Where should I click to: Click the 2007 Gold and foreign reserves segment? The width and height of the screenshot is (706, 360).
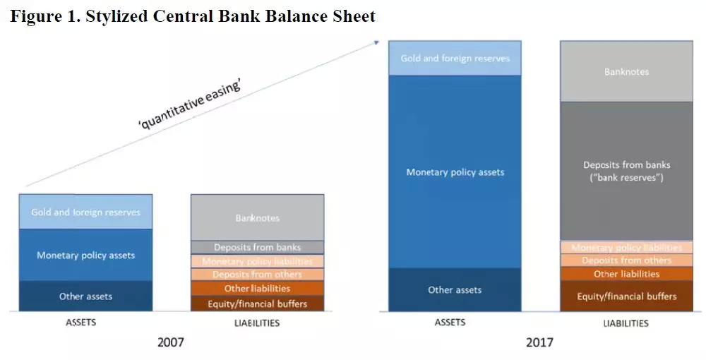pyautogui.click(x=85, y=212)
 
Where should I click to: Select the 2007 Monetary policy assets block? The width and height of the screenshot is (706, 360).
pyautogui.click(x=85, y=255)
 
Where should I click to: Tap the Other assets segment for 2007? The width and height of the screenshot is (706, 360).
pyautogui.click(x=85, y=296)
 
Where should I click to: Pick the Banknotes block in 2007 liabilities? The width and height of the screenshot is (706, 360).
pyautogui.click(x=257, y=218)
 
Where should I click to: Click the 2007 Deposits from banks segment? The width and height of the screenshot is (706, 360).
pyautogui.click(x=257, y=248)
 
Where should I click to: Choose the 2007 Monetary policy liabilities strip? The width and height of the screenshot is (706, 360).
pyautogui.click(x=257, y=261)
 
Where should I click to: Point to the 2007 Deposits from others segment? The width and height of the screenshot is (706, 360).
pyautogui.click(x=257, y=275)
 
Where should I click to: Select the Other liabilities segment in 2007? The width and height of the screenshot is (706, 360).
pyautogui.click(x=257, y=289)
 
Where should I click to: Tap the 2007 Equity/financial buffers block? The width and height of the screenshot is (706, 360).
pyautogui.click(x=257, y=304)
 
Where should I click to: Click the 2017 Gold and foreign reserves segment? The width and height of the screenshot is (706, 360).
pyautogui.click(x=455, y=58)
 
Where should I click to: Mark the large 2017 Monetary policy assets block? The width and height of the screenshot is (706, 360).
pyautogui.click(x=455, y=172)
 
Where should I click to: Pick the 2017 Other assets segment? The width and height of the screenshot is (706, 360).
pyautogui.click(x=455, y=290)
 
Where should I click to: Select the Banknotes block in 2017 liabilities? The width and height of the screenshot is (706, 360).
pyautogui.click(x=626, y=71)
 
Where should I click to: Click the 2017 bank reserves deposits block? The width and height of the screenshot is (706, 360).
pyautogui.click(x=626, y=171)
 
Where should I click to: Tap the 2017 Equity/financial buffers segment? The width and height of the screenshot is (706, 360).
pyautogui.click(x=626, y=296)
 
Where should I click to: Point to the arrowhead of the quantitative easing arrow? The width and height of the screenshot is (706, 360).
pyautogui.click(x=377, y=43)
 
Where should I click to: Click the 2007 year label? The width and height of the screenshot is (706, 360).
pyautogui.click(x=171, y=342)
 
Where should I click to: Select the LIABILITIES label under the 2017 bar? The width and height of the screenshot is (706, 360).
pyautogui.click(x=626, y=323)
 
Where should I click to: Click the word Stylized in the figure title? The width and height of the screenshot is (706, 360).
pyautogui.click(x=116, y=17)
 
